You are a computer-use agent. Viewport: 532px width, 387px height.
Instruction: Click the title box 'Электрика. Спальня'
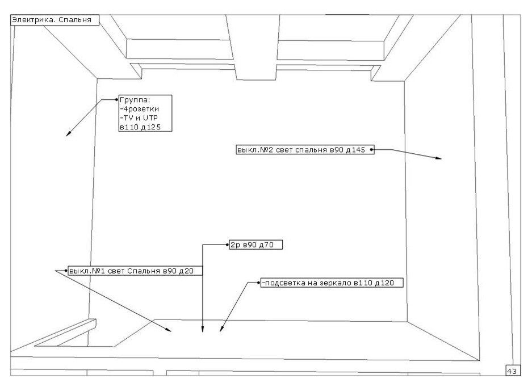click(x=55, y=19)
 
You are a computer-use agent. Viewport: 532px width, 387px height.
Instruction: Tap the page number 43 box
click(x=511, y=371)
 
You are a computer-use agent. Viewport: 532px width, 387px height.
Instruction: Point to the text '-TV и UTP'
click(x=139, y=118)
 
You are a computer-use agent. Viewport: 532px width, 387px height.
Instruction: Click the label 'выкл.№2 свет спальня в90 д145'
click(x=303, y=150)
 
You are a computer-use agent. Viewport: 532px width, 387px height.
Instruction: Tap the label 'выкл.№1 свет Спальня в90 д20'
click(x=135, y=271)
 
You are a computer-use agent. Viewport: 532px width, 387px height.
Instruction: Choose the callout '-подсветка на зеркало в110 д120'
click(x=331, y=282)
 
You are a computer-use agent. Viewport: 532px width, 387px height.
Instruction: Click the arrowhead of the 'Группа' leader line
click(x=68, y=135)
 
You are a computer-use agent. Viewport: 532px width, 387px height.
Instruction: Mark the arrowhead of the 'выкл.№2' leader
click(x=439, y=158)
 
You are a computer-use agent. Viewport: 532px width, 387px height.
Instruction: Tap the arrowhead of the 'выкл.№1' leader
click(x=168, y=331)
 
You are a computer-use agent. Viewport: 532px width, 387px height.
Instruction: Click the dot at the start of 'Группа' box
click(x=116, y=99)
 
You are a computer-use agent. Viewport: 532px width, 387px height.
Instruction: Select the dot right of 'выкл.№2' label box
click(x=372, y=150)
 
